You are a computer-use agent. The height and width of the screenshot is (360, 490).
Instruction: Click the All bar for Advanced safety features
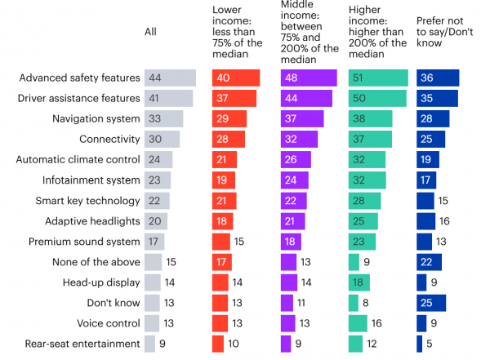[x=170, y=78]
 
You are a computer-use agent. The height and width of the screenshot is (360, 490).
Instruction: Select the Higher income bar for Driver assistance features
[x=377, y=99]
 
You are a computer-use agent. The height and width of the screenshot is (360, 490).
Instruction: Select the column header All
[x=150, y=33]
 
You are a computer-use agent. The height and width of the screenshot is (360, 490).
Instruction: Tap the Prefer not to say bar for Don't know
[x=430, y=303]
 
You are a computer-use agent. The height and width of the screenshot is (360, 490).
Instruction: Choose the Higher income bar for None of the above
[x=354, y=262]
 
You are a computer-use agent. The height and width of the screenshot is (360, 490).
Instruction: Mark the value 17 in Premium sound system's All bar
[x=153, y=242]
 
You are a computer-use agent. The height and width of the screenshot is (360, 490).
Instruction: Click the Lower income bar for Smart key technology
[x=224, y=201]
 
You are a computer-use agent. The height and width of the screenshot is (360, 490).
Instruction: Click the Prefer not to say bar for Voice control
[x=421, y=323]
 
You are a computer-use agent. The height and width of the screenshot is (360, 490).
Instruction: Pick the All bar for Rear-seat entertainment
[x=150, y=344]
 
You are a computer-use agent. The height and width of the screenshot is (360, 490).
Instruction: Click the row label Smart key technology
[x=87, y=201]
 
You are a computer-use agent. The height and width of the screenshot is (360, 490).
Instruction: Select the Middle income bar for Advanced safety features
[x=309, y=78]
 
